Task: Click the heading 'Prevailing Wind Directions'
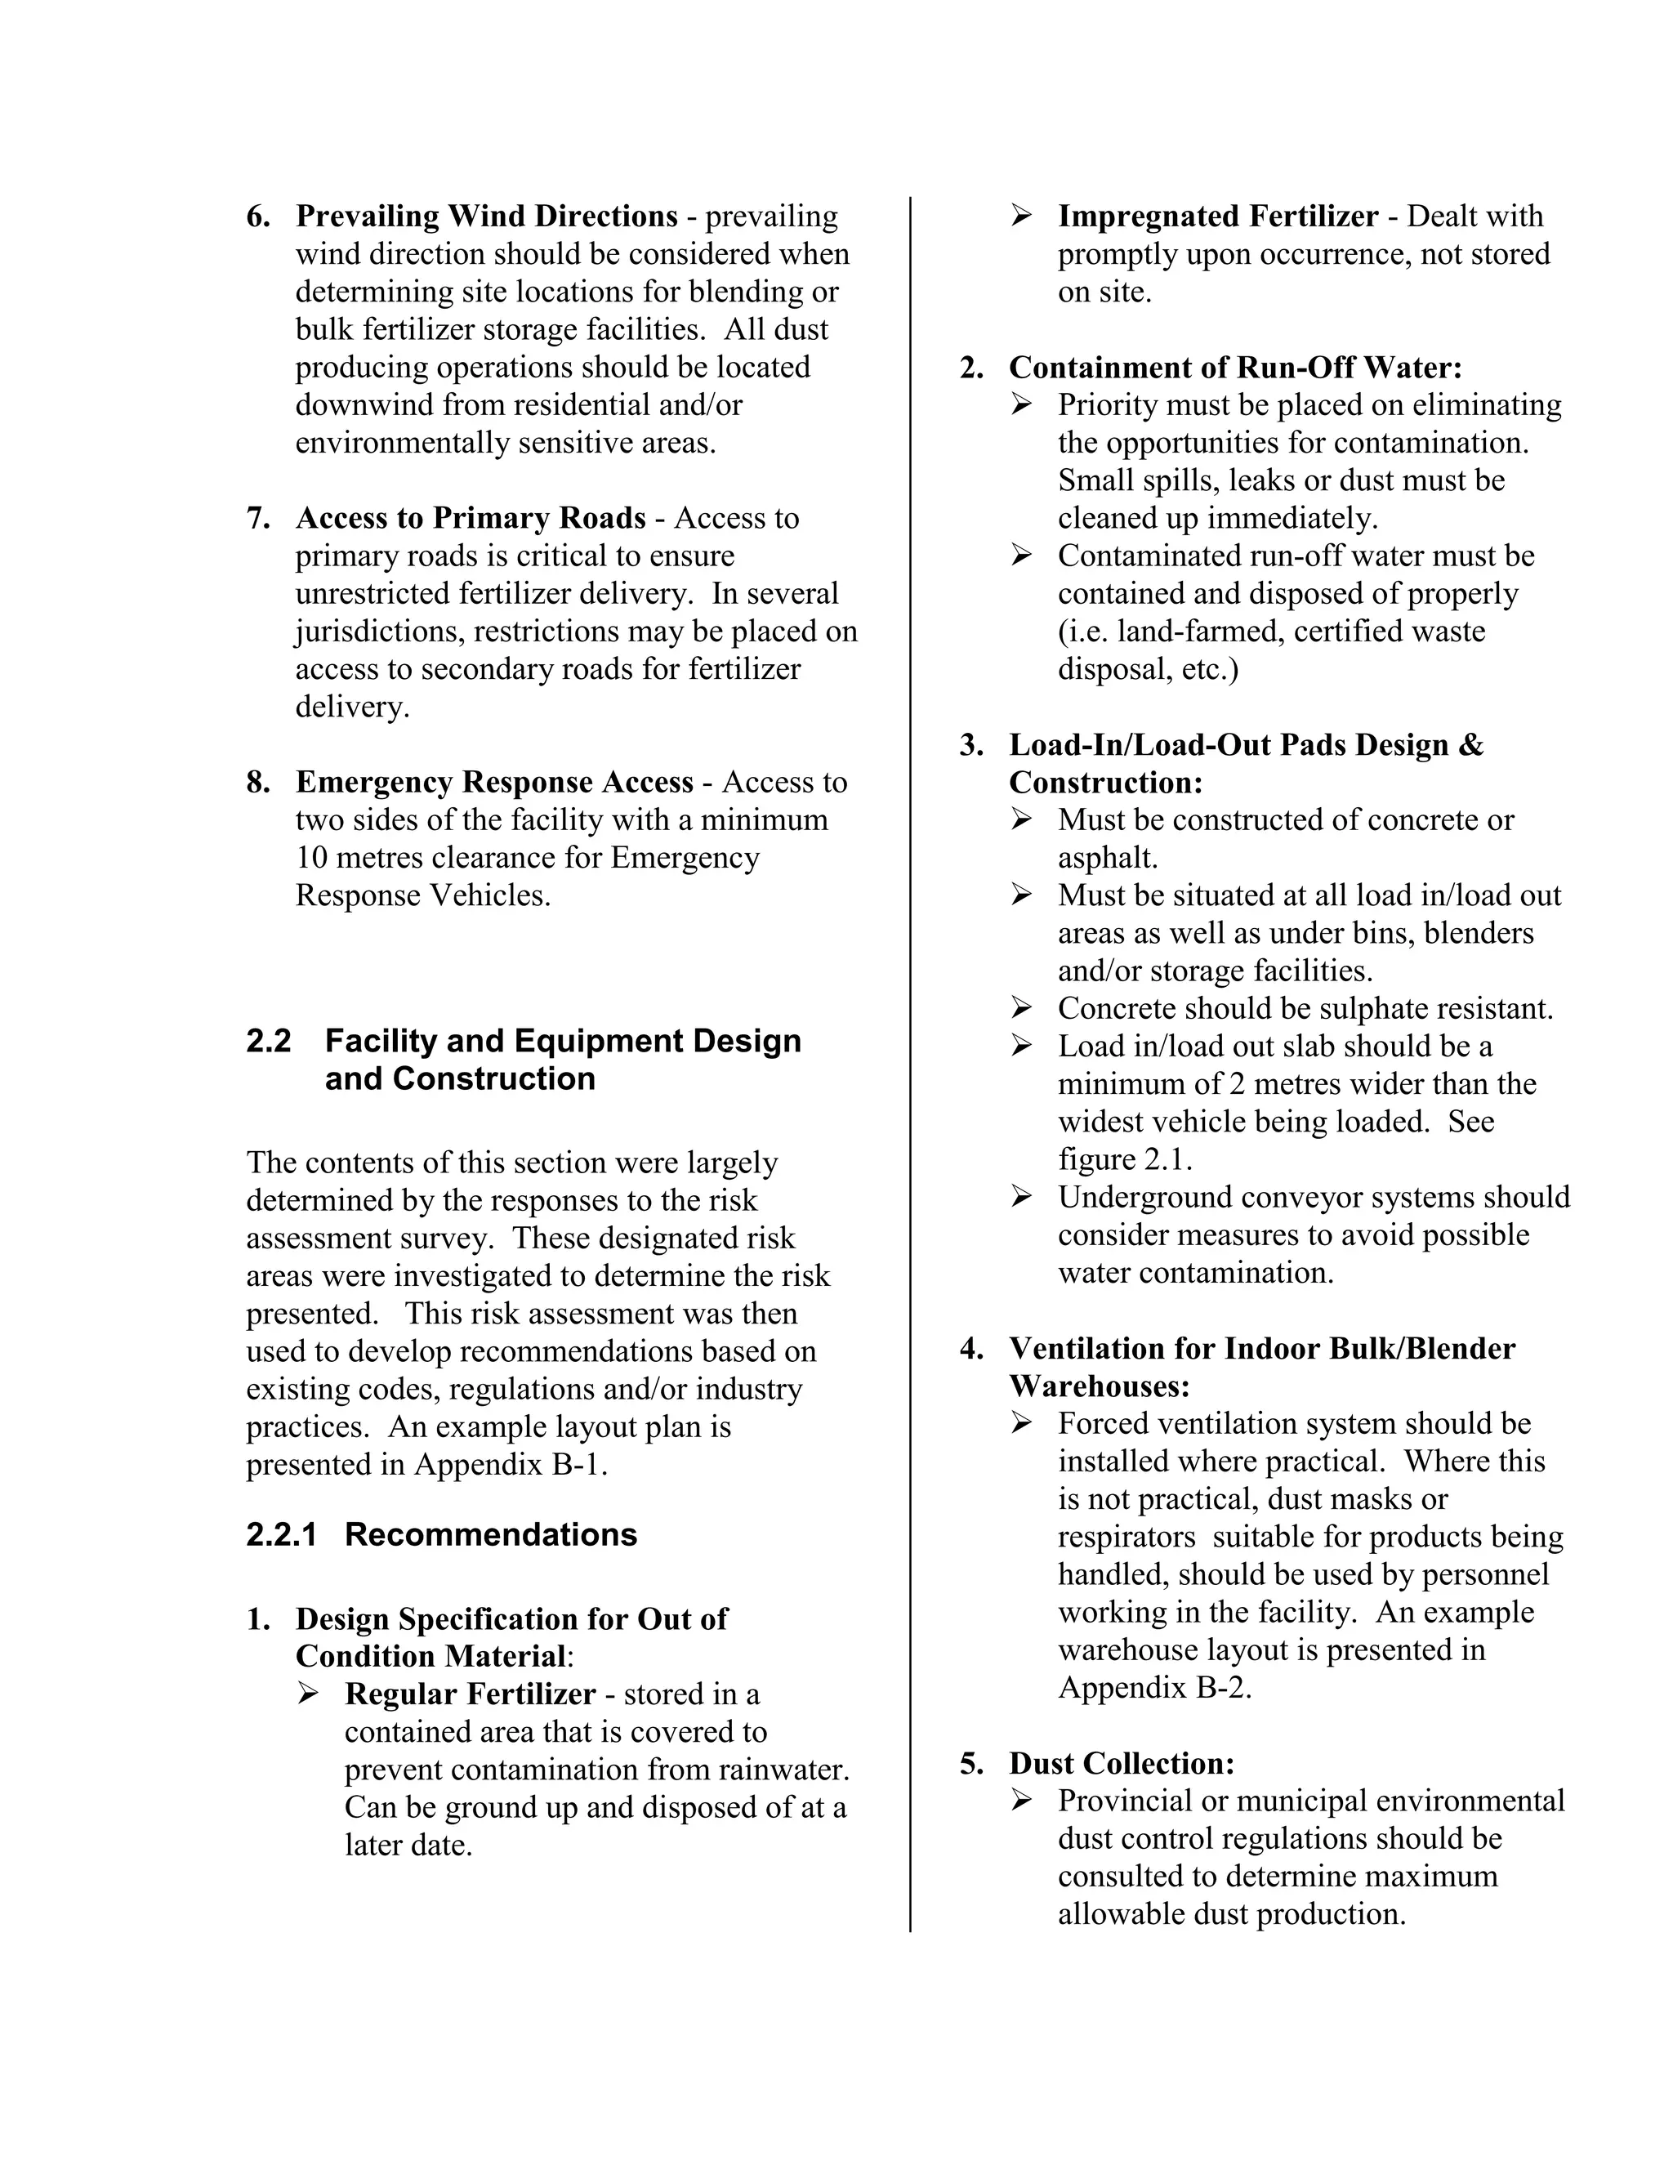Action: [x=486, y=216]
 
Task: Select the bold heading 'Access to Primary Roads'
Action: [x=470, y=519]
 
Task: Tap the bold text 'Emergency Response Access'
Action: [x=493, y=782]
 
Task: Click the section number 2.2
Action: [x=269, y=1041]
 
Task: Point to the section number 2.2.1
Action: [x=282, y=1534]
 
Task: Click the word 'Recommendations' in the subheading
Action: [x=491, y=1534]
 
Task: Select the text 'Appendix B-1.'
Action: [x=511, y=1464]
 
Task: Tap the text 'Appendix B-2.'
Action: [x=1154, y=1687]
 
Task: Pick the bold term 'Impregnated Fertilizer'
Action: [x=1217, y=216]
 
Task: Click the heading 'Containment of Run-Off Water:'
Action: [x=1235, y=368]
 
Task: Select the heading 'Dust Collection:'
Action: [x=1121, y=1764]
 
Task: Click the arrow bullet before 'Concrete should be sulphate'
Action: [x=1021, y=1008]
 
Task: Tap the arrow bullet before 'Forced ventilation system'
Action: [x=1021, y=1423]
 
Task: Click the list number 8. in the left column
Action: [x=257, y=782]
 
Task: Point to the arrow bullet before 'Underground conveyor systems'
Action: [x=1021, y=1197]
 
